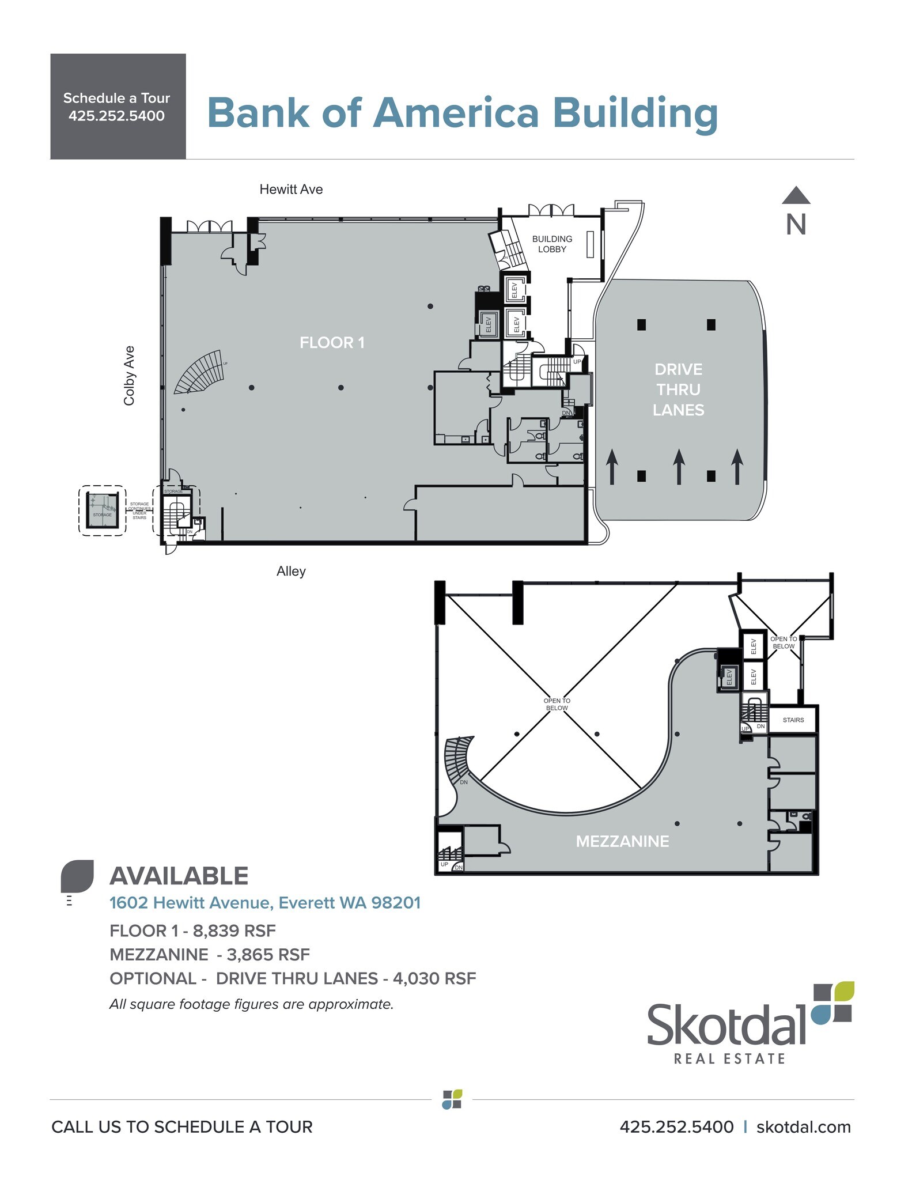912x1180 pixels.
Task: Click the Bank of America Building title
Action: (462, 112)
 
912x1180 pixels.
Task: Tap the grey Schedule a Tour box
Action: (118, 107)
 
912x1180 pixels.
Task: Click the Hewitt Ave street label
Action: (291, 190)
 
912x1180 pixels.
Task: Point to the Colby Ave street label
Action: (129, 376)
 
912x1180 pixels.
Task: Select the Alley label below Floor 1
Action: (291, 571)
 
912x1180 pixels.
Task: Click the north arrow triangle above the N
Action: (796, 196)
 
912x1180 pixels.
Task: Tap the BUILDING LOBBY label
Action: (552, 244)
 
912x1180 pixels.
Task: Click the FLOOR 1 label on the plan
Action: (332, 343)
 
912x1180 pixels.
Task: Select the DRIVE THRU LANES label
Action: (678, 389)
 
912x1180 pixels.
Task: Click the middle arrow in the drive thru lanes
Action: (679, 466)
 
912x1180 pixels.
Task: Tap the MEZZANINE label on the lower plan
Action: (622, 841)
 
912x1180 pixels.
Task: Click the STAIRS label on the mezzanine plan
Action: (793, 720)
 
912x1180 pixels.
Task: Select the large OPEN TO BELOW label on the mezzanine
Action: (557, 704)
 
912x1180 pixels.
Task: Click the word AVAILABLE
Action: (179, 876)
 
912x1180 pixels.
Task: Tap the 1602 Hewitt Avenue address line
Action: (265, 903)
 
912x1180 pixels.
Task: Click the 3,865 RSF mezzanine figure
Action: (268, 955)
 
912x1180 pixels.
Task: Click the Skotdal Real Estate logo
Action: (749, 1023)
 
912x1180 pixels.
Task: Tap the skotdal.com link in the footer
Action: (803, 1127)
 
